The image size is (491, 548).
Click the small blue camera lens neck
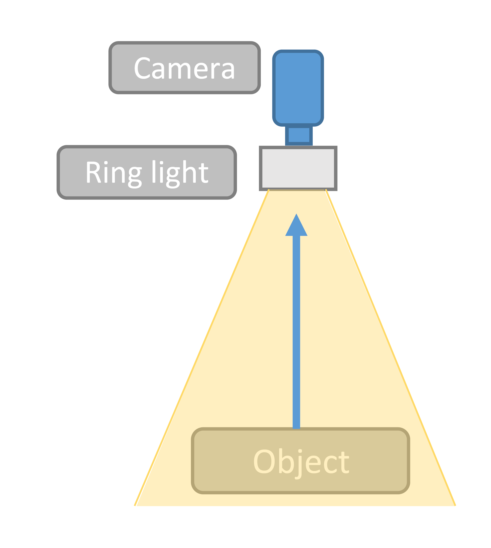299,135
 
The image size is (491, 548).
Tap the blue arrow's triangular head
296,227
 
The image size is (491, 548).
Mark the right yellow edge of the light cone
390,348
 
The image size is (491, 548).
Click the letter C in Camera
142,68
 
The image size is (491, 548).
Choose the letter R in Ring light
93,172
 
